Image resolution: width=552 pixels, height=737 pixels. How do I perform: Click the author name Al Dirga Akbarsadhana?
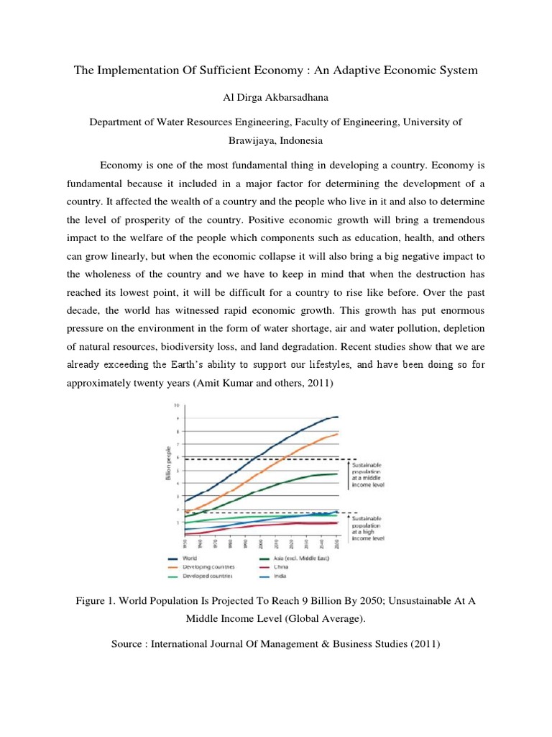pos(276,97)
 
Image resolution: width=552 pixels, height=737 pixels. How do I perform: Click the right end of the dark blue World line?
pos(338,417)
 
